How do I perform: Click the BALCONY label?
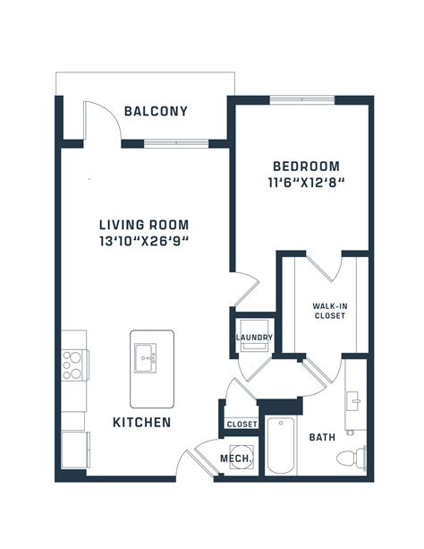[x=156, y=112]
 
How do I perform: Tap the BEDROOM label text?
[x=306, y=166]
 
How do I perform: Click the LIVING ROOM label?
[x=144, y=225]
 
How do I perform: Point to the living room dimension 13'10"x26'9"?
[x=144, y=241]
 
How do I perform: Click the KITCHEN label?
[x=141, y=421]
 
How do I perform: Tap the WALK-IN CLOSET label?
[x=329, y=310]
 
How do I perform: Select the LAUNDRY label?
[x=254, y=338]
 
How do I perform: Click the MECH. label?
[x=237, y=459]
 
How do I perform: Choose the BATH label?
[x=322, y=438]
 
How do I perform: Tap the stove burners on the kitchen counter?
[x=74, y=365]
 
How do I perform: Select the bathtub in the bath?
[x=281, y=447]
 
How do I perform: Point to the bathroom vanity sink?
[x=355, y=400]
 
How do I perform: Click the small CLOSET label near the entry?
[x=242, y=424]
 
